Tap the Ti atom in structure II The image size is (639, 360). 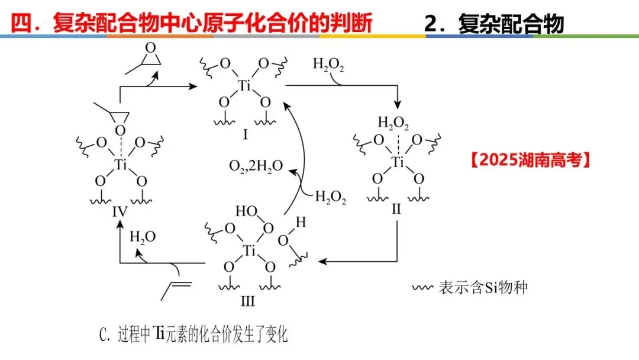pos(398,161)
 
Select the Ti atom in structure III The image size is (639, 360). pos(249,251)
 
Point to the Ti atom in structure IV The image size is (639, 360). pos(121,165)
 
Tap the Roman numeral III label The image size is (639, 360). pos(247,301)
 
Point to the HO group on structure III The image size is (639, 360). pos(246,211)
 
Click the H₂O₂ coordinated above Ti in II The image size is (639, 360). pos(393,124)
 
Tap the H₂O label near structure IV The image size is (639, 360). pos(143,237)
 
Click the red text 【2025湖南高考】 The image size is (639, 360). pos(531,160)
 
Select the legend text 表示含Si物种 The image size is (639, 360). pos(482,288)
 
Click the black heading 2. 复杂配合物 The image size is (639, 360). pos(494,23)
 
